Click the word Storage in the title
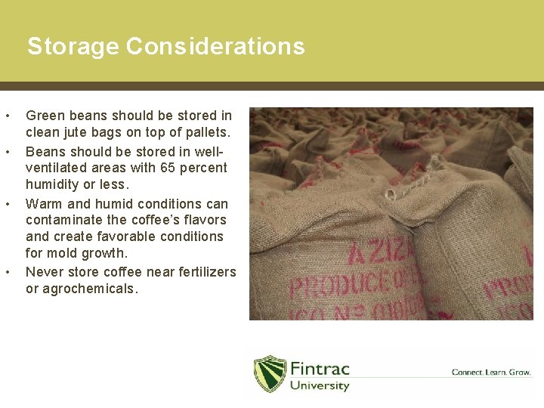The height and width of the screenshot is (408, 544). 73,47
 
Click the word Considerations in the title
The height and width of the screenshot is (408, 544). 215,47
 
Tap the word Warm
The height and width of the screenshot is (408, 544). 44,203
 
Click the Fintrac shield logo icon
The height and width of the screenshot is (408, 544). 270,373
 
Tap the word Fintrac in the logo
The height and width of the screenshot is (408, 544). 320,368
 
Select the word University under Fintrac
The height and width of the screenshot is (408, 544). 320,385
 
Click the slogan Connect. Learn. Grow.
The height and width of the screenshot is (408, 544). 491,372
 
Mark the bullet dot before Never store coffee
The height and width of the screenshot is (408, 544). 8,272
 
